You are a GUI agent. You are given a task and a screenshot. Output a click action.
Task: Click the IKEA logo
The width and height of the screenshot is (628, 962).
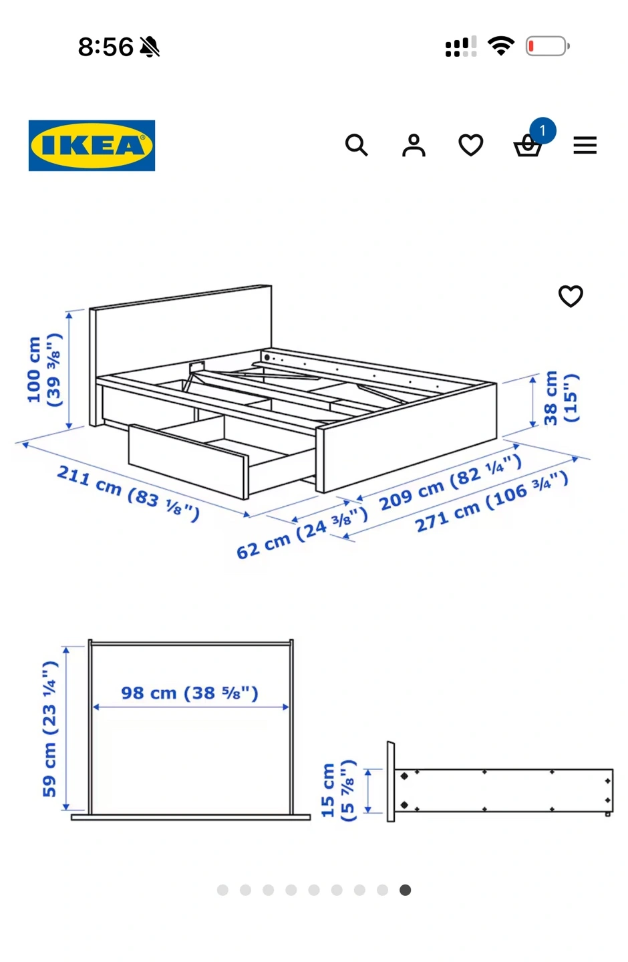pos(92,145)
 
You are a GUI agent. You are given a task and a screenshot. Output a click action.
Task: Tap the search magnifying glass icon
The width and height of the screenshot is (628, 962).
pos(356,145)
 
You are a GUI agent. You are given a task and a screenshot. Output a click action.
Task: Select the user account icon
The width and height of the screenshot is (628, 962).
pos(414,145)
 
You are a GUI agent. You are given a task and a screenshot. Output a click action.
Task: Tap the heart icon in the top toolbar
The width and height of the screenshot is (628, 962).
pos(471,145)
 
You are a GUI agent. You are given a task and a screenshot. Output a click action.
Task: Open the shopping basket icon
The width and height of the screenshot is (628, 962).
pos(528,146)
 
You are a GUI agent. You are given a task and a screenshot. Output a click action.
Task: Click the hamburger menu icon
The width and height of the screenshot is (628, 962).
pos(585,145)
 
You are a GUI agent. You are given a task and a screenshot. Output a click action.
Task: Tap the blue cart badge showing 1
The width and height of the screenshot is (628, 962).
pos(542,130)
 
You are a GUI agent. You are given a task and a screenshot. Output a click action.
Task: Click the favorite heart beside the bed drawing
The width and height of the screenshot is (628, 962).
pos(571,296)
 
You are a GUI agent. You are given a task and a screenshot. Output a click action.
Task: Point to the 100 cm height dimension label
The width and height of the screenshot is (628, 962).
pos(44,370)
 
